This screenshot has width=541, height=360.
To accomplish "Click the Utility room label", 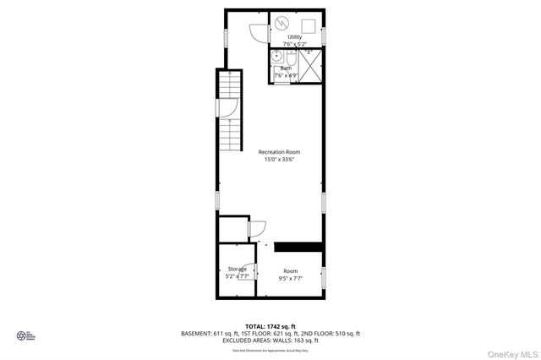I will pyautogui.click(x=294, y=37).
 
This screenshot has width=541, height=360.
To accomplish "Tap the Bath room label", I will pyautogui.click(x=286, y=68).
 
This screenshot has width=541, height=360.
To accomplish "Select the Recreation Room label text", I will pyautogui.click(x=279, y=152).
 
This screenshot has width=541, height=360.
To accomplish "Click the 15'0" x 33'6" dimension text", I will pyautogui.click(x=279, y=160).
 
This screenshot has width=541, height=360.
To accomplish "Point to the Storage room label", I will pyautogui.click(x=237, y=269).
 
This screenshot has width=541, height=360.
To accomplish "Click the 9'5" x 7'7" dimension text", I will pyautogui.click(x=290, y=278).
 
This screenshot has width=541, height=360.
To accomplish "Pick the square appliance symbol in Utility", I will pyautogui.click(x=309, y=24).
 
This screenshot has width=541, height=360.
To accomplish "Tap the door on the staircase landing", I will pyautogui.click(x=226, y=109).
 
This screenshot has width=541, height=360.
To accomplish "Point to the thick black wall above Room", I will pyautogui.click(x=298, y=247).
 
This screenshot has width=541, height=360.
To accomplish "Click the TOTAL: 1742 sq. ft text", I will pyautogui.click(x=270, y=325).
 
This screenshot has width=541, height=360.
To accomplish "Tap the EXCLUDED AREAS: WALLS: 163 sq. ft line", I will pyautogui.click(x=270, y=341).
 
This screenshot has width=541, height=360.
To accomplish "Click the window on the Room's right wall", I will pyautogui.click(x=323, y=278).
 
